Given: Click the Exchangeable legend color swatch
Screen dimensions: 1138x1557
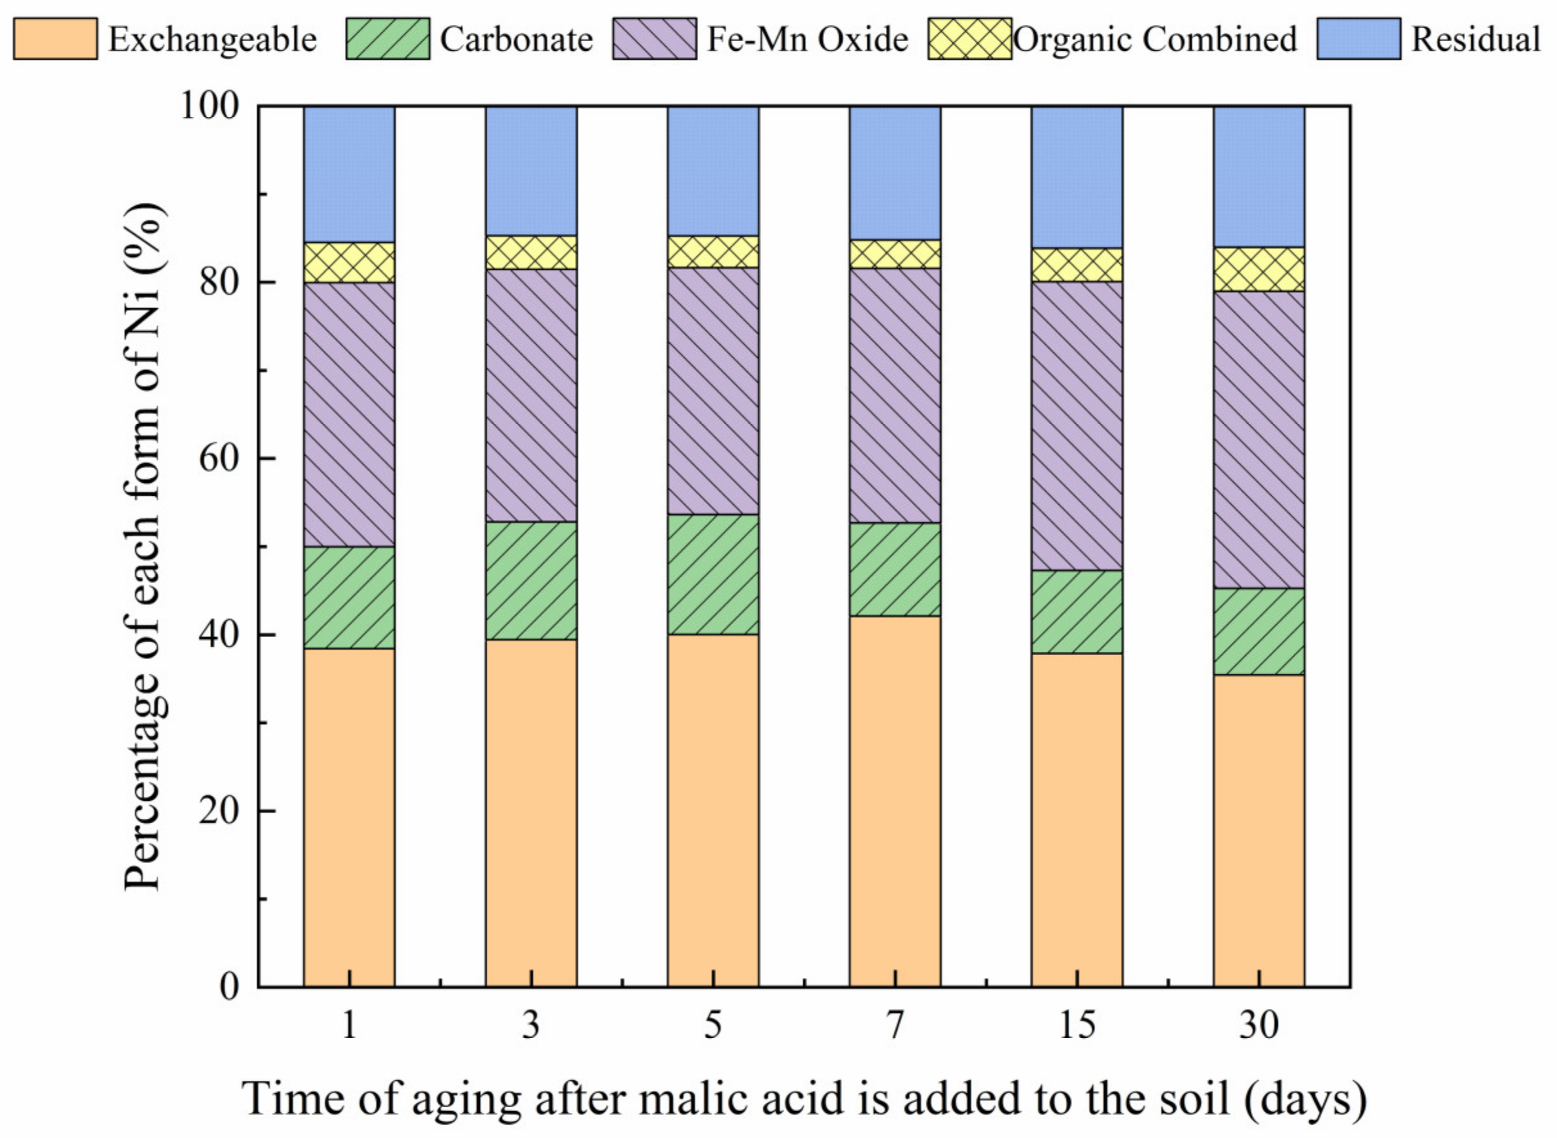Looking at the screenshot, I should click(x=55, y=39).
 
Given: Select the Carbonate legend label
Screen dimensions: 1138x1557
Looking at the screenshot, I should click(x=516, y=39).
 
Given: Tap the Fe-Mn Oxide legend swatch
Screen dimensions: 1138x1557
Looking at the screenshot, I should click(x=654, y=39).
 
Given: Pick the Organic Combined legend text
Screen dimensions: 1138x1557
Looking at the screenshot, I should click(x=1156, y=39).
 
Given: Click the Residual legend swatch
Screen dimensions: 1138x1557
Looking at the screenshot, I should click(x=1358, y=39).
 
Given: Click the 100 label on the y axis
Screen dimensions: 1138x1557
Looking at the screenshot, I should click(x=209, y=107).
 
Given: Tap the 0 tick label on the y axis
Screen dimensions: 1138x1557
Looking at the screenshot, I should click(x=229, y=987).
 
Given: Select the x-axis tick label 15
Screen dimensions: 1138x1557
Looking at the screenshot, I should click(x=1076, y=1026).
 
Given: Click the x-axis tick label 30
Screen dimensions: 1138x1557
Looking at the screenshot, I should click(x=1259, y=1026).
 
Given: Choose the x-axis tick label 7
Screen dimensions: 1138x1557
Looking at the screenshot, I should click(x=894, y=1026).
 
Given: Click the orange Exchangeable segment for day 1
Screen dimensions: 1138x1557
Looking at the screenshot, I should click(x=349, y=817).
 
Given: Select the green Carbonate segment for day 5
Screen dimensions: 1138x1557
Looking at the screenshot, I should click(x=712, y=575).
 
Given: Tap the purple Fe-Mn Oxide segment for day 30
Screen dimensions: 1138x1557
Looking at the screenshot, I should click(x=1259, y=439).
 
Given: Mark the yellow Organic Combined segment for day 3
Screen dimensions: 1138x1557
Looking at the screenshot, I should click(x=531, y=253).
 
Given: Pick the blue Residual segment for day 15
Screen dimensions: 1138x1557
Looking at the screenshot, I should click(x=1076, y=177).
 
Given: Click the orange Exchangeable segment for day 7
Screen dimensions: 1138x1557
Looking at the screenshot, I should click(x=894, y=800).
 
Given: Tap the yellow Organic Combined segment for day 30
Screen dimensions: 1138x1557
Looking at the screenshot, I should click(x=1259, y=269).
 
